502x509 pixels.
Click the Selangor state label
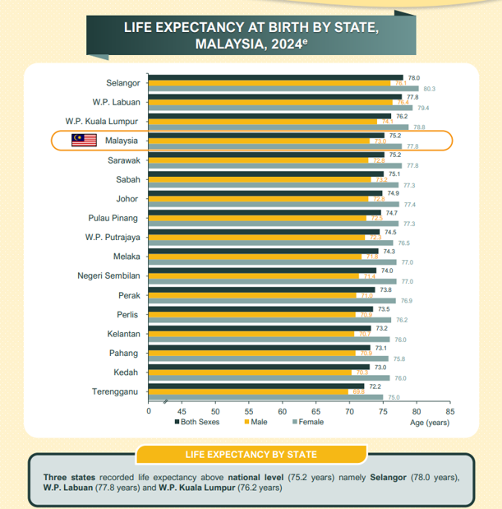point(122,82)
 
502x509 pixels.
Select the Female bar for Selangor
point(283,89)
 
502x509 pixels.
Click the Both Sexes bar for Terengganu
point(256,386)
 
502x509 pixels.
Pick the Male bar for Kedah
point(251,372)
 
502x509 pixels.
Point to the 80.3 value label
point(428,89)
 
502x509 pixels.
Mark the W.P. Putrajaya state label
point(112,238)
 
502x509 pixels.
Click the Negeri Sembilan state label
point(108,275)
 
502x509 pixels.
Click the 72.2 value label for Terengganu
point(375,386)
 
